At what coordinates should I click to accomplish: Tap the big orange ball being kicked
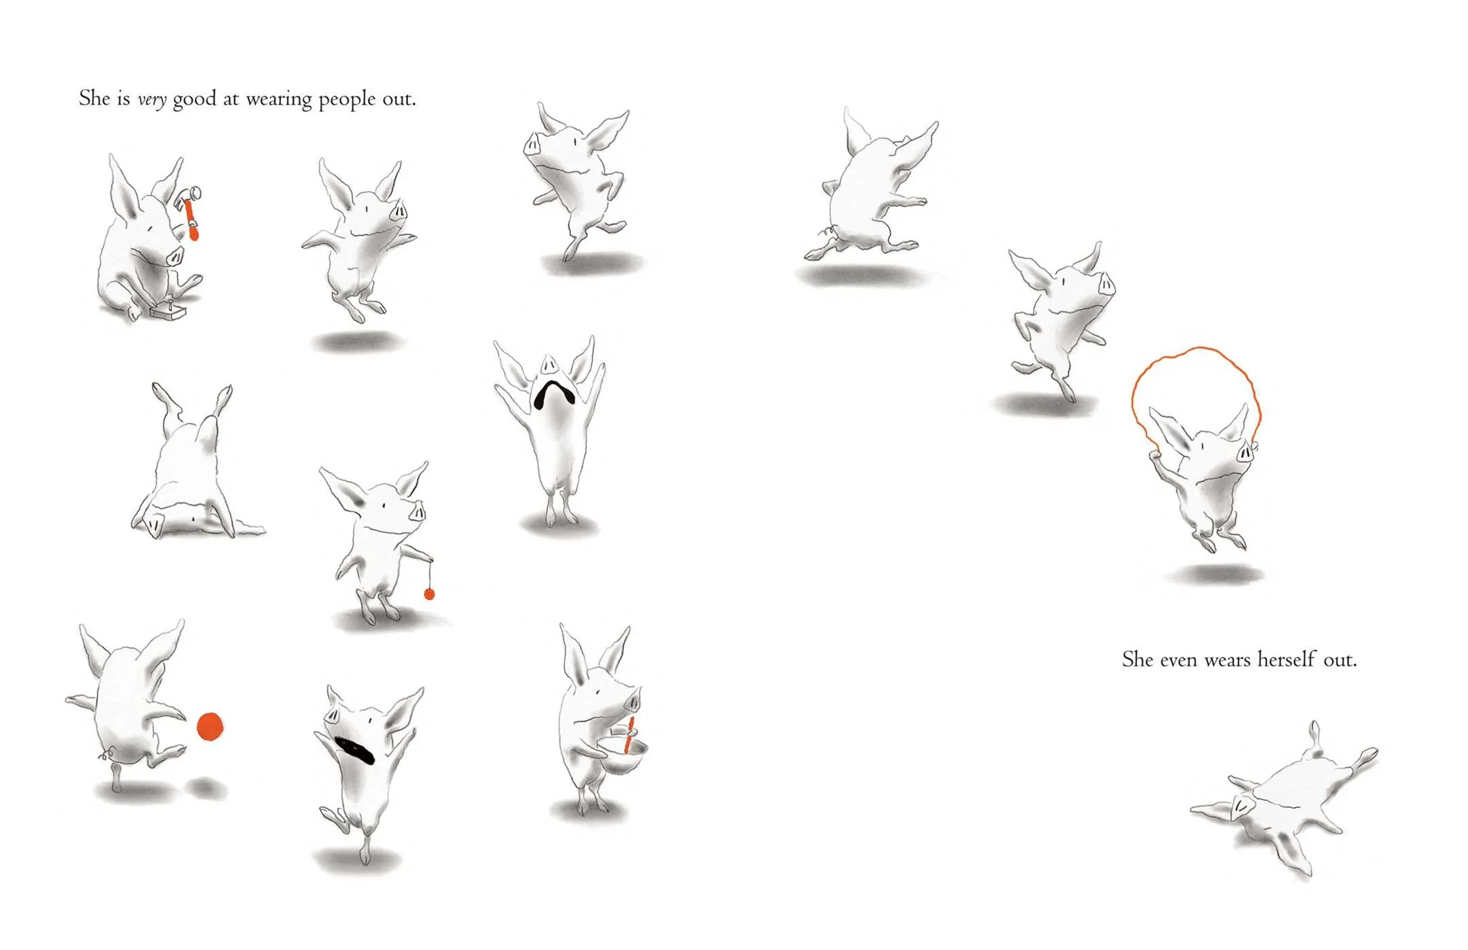coord(210,727)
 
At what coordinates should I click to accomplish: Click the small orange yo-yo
coord(429,594)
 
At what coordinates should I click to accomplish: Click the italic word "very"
coord(152,100)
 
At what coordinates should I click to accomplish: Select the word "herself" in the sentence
coord(1286,659)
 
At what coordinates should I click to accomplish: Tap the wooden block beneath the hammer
coord(168,313)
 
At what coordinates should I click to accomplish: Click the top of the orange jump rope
coord(1197,349)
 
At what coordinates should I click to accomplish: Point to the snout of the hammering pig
coord(175,256)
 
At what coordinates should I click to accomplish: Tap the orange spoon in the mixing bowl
coord(629,735)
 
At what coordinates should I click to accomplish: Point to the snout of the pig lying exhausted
coord(1241,805)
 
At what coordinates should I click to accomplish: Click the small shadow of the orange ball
coord(206,787)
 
